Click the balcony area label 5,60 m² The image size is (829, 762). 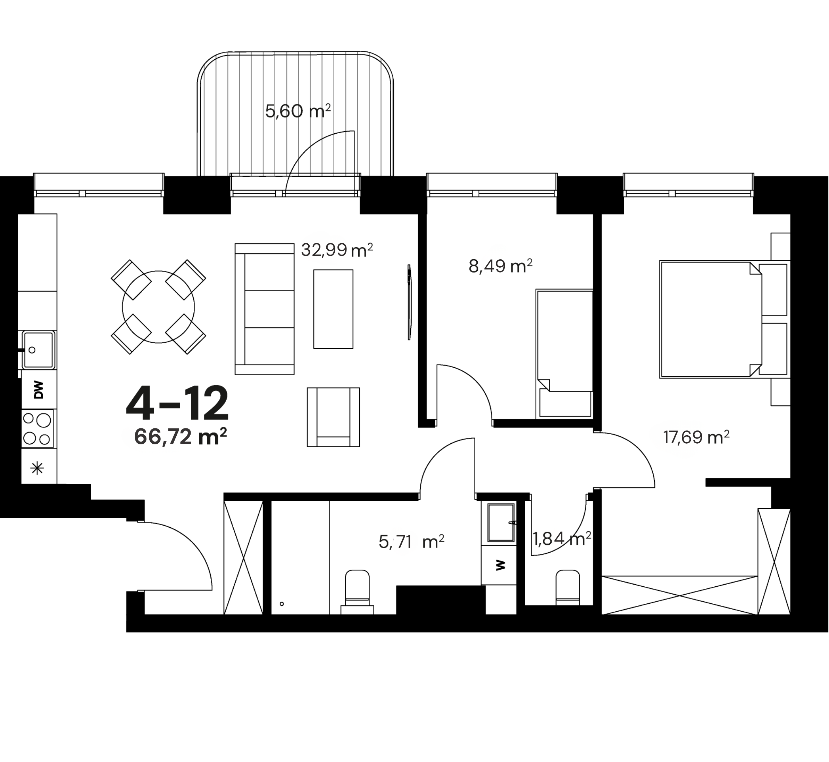[x=298, y=111]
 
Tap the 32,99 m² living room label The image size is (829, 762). [x=337, y=250]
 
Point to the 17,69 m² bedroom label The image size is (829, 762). [x=696, y=437]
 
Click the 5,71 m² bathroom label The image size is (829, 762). [x=411, y=542]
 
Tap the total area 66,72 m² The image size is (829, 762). [x=181, y=437]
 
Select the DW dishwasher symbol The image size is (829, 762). [x=39, y=390]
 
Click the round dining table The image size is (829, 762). [x=158, y=307]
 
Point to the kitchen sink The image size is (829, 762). [x=38, y=350]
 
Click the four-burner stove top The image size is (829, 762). [x=37, y=429]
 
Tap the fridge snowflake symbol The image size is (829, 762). [x=37, y=468]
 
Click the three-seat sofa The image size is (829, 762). [x=265, y=309]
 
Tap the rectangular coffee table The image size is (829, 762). [x=333, y=309]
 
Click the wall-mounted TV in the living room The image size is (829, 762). [x=409, y=302]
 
